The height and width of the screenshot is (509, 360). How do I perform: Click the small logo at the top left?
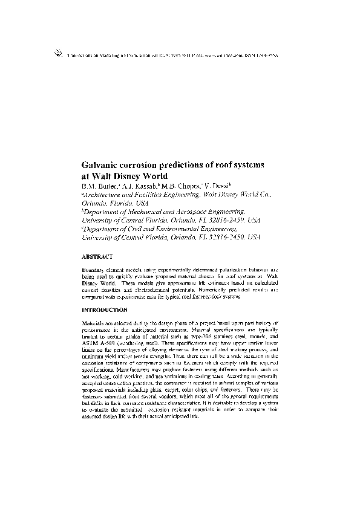pyautogui.click(x=58, y=53)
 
